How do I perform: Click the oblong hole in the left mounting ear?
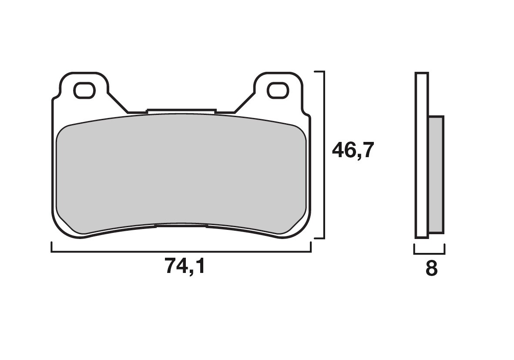(x=84, y=91)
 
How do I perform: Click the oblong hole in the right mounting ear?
(x=277, y=91)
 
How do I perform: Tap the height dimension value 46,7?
(x=353, y=151)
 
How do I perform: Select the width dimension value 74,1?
(x=185, y=266)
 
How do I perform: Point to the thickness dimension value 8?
(x=431, y=269)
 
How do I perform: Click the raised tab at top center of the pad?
(x=181, y=111)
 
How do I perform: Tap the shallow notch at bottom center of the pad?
(x=181, y=225)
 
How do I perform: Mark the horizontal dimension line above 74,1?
(x=181, y=252)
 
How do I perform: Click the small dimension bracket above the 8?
(x=429, y=252)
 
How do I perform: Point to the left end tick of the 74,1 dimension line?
(x=52, y=247)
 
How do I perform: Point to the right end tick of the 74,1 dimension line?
(x=311, y=247)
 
